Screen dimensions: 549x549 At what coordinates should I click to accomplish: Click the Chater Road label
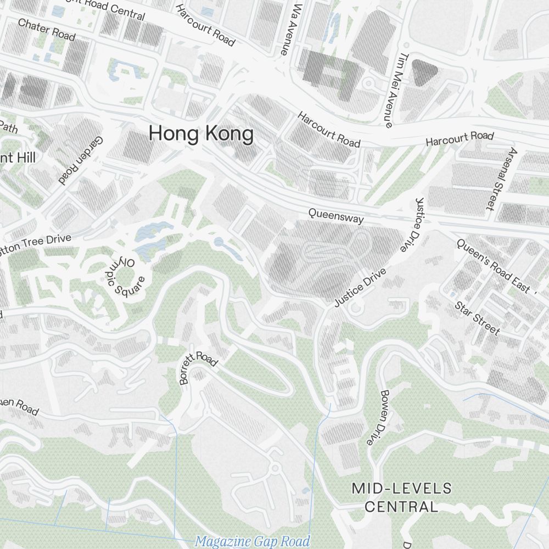[x=46, y=30]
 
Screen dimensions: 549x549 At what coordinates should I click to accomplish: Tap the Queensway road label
[x=335, y=215]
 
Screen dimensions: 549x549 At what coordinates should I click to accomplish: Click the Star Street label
[x=477, y=318]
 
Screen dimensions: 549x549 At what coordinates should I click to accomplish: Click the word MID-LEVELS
[x=402, y=488]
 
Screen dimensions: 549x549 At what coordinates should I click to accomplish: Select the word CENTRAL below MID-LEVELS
[x=402, y=506]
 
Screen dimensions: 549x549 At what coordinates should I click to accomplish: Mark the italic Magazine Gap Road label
[x=253, y=541]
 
